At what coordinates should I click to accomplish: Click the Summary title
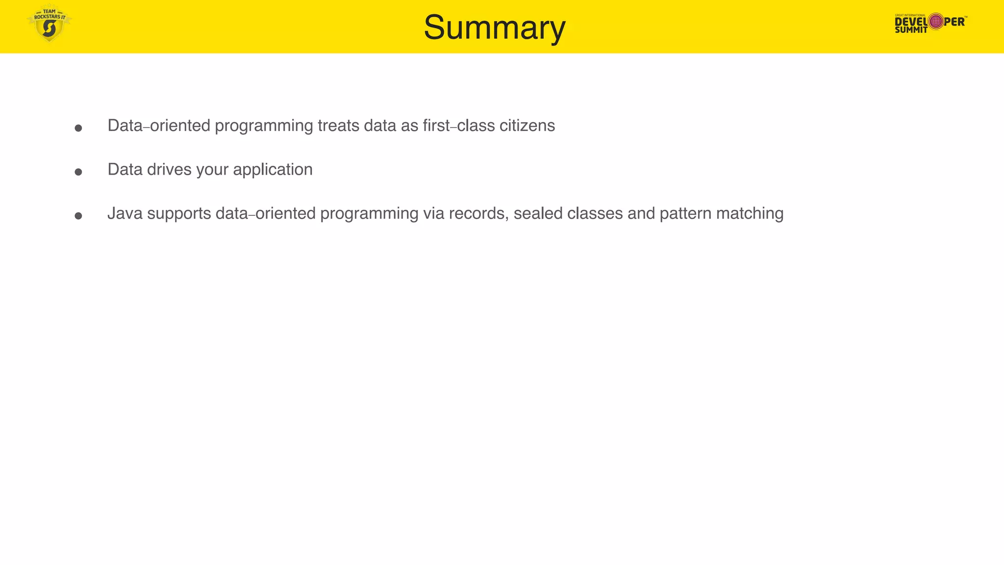coord(494,27)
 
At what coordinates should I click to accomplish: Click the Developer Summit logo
coord(930,23)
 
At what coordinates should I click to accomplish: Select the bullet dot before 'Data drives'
coord(78,172)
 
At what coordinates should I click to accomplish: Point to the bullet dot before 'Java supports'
coord(78,216)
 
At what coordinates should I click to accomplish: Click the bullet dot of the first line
coord(78,128)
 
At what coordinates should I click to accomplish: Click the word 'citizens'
coord(527,126)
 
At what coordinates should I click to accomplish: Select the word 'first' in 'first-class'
coord(436,126)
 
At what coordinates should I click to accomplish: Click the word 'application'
coord(273,170)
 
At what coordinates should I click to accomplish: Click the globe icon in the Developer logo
coord(936,21)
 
